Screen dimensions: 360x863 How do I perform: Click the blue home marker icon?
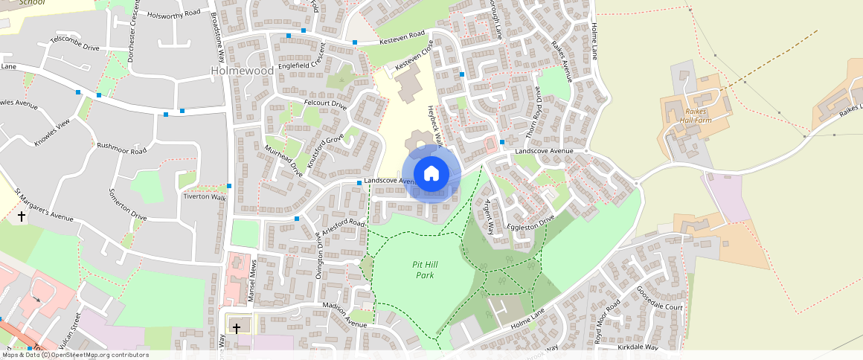coord(431,174)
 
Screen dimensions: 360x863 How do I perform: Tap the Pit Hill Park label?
coord(424,269)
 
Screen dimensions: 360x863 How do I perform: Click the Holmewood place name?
coord(241,71)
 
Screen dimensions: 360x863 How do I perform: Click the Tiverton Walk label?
coord(205,197)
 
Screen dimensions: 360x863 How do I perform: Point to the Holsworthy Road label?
coord(174,14)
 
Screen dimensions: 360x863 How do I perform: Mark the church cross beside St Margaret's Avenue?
coord(22,217)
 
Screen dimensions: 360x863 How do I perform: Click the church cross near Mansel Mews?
coord(237,327)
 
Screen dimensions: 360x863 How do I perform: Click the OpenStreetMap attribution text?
coord(74,355)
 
